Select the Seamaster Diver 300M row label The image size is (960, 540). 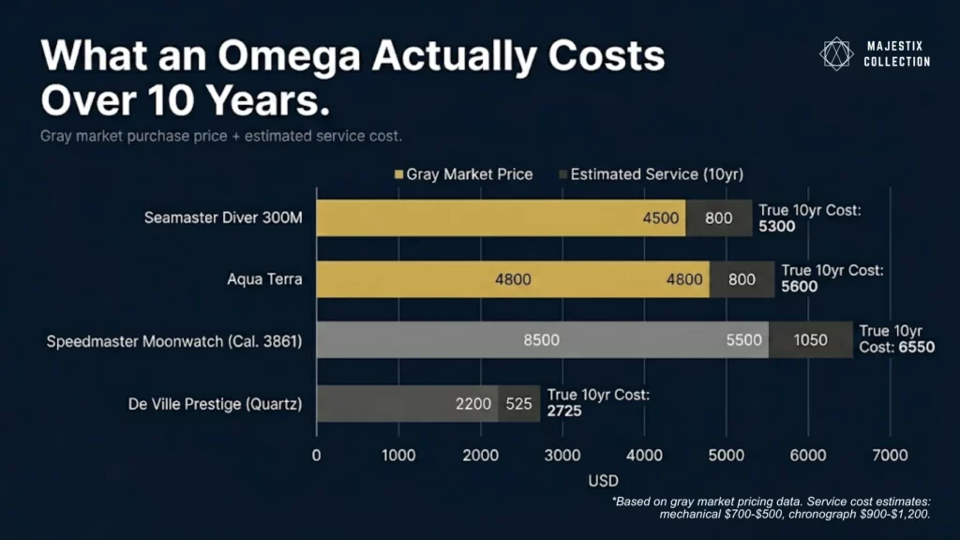click(223, 217)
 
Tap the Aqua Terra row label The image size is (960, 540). click(264, 279)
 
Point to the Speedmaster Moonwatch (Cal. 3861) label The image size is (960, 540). click(174, 341)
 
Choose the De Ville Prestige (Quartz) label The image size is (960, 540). click(215, 404)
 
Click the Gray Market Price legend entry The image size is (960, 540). click(464, 174)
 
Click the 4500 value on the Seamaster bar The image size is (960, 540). click(659, 217)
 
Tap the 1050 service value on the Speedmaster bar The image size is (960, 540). click(810, 340)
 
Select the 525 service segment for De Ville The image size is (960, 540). click(518, 404)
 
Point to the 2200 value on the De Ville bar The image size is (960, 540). click(472, 404)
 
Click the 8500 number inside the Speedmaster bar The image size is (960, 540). click(542, 340)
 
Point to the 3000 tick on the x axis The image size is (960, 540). click(562, 456)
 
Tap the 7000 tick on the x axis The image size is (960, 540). click(889, 456)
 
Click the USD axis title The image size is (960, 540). click(603, 481)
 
